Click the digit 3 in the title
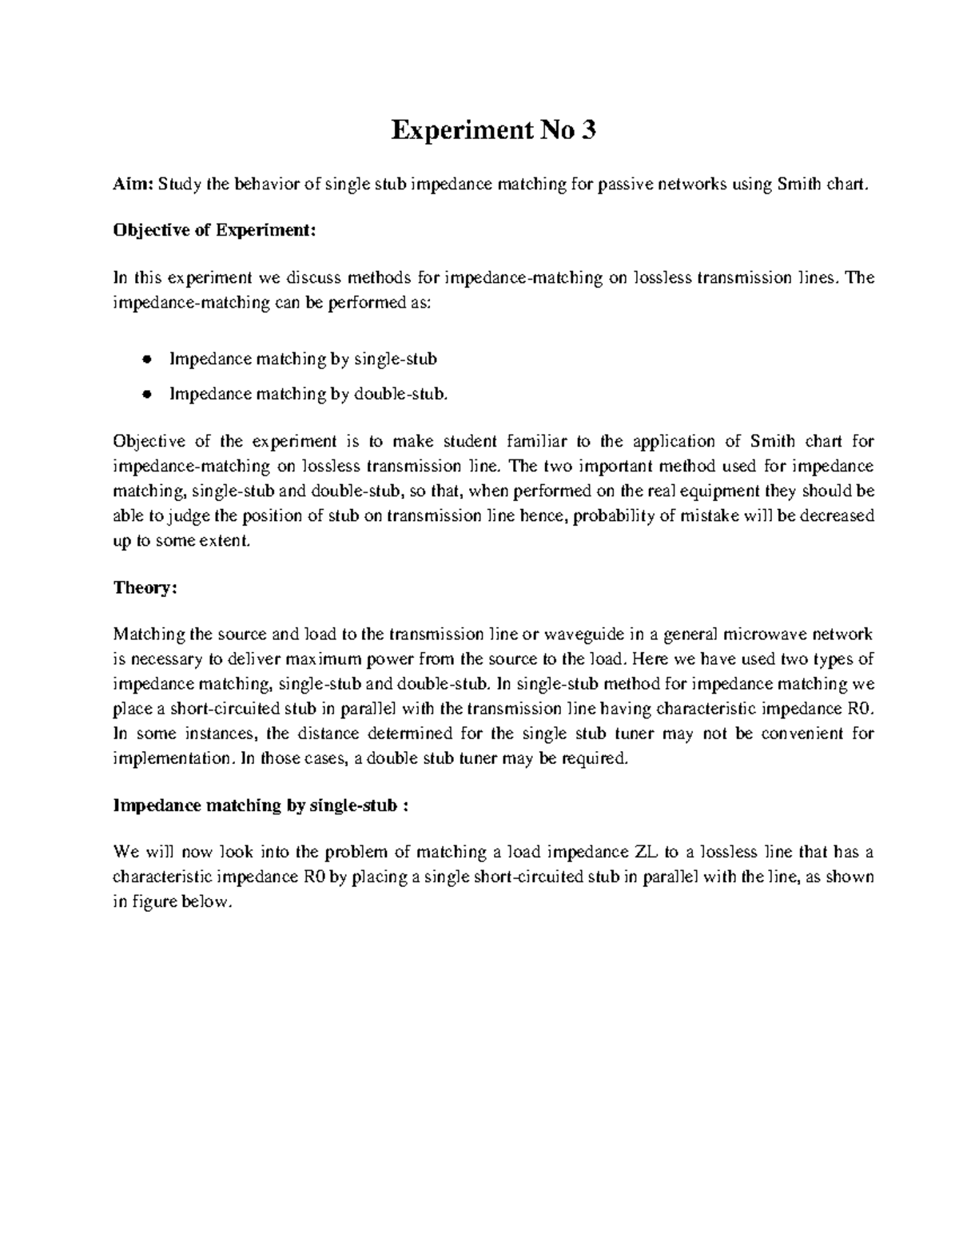coord(589,130)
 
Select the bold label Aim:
coord(133,185)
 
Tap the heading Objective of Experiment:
coord(215,231)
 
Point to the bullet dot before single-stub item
coord(146,360)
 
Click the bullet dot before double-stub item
coord(146,393)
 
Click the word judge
coord(177,515)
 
